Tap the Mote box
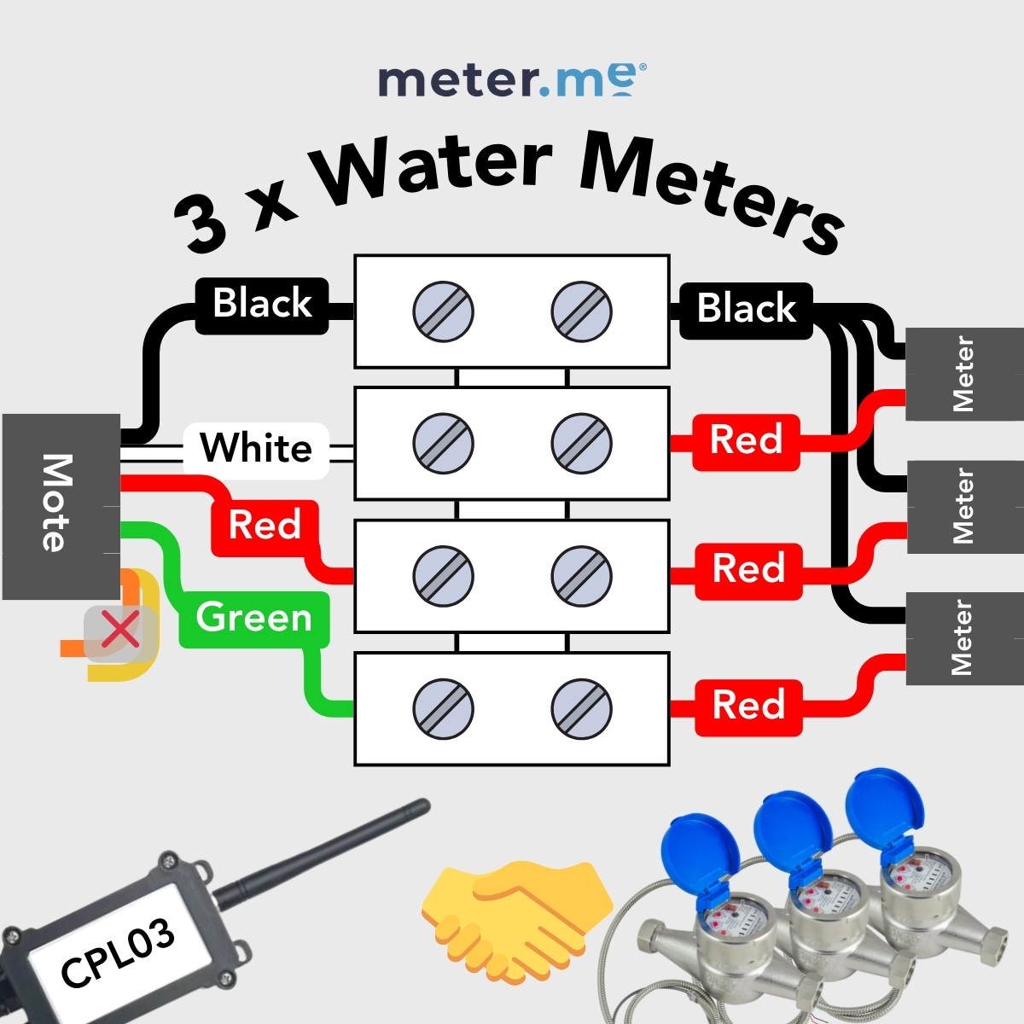[x=61, y=506]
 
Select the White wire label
[x=256, y=449]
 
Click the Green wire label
[x=254, y=619]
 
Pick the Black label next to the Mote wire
[x=262, y=305]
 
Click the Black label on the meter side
[x=746, y=311]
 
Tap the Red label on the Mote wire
[x=265, y=527]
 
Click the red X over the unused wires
[x=120, y=629]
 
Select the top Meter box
[x=964, y=374]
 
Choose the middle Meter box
[x=964, y=506]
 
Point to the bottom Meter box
[x=964, y=638]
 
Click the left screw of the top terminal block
[x=443, y=312]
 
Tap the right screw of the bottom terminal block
[x=581, y=709]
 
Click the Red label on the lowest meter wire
[x=748, y=707]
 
